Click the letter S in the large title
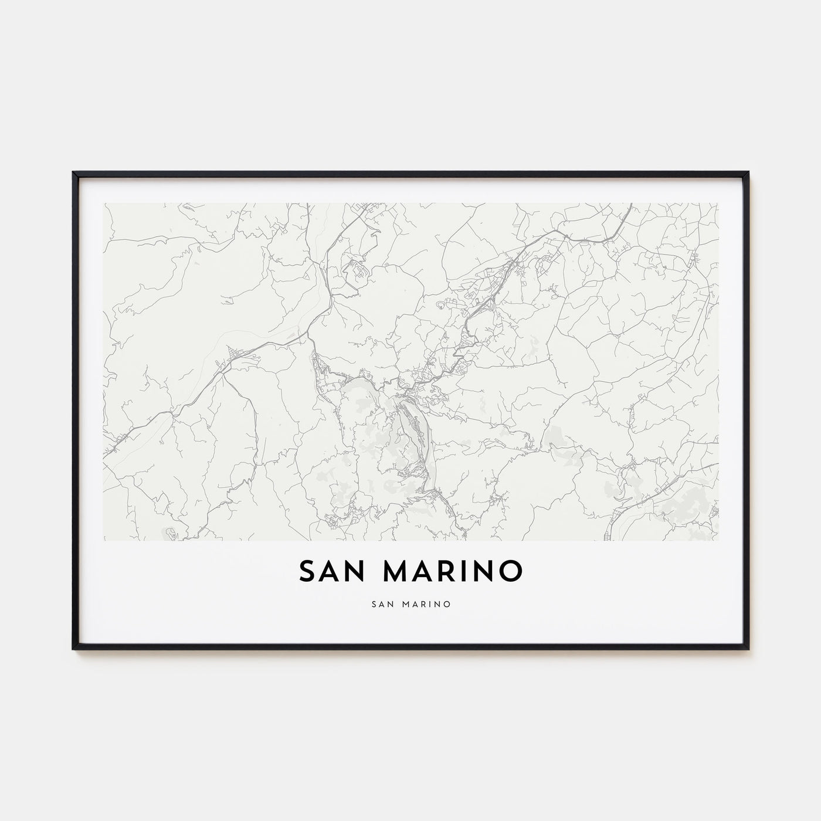point(308,572)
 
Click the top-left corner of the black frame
point(73,173)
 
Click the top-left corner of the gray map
point(104,203)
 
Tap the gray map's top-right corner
point(718,203)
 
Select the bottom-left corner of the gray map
point(104,540)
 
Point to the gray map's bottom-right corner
point(718,540)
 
